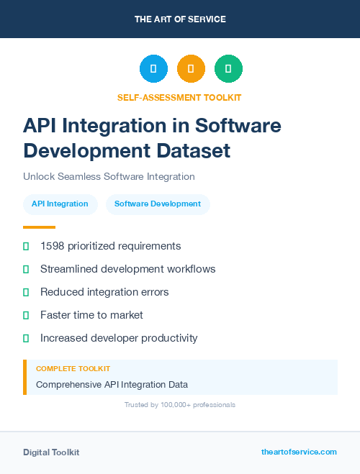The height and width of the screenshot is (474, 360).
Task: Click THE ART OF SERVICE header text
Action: tap(180, 19)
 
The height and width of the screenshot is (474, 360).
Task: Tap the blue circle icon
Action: tap(153, 69)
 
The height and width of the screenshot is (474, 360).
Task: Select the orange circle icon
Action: tap(191, 69)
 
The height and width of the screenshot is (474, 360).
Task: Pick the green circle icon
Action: tap(228, 69)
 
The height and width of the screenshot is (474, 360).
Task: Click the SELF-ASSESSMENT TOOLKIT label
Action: tap(179, 97)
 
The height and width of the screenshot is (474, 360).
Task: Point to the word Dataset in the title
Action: tap(195, 151)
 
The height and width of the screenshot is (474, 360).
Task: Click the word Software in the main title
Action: tap(238, 126)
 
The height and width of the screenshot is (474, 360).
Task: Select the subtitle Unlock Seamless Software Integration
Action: tap(109, 176)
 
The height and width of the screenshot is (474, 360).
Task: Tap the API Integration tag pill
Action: tap(60, 204)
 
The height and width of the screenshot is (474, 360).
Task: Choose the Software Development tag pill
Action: tap(158, 204)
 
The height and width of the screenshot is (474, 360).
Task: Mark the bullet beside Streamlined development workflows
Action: tap(26, 269)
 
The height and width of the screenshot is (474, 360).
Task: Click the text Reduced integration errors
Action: tap(104, 292)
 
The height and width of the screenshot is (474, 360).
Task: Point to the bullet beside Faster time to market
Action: tap(26, 315)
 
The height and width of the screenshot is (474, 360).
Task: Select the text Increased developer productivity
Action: tap(119, 338)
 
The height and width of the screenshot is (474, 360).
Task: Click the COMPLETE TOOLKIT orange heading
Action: tap(73, 368)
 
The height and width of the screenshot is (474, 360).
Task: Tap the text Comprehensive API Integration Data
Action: tap(112, 385)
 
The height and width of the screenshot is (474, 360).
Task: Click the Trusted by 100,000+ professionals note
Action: tap(180, 405)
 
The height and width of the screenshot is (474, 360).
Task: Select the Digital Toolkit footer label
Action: tap(51, 452)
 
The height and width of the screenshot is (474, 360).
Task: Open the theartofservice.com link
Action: tap(299, 452)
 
